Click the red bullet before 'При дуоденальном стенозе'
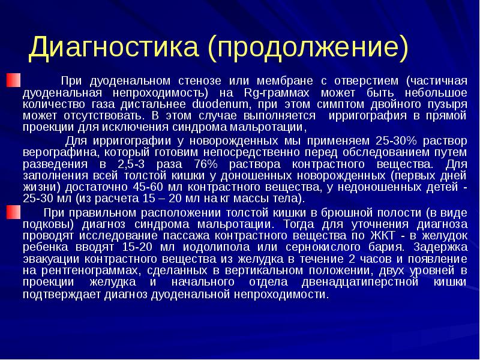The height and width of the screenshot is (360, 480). tap(13, 79)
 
